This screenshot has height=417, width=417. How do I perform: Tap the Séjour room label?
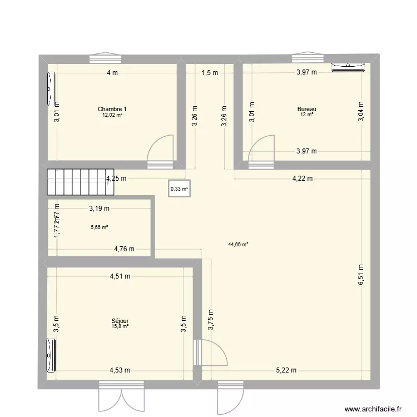[120, 321]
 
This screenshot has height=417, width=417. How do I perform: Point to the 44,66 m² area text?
[237, 244]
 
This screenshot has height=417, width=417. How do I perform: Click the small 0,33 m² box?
[179, 189]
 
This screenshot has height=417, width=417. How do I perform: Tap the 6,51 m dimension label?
[360, 274]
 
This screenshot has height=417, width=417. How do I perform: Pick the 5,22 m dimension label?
[286, 370]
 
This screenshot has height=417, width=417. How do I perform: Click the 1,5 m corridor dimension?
[210, 72]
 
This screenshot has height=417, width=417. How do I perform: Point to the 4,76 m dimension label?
[124, 249]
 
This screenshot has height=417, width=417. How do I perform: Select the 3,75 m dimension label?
[211, 320]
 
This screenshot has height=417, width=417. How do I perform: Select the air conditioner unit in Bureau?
[348, 67]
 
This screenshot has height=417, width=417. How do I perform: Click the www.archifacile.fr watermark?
[373, 409]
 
